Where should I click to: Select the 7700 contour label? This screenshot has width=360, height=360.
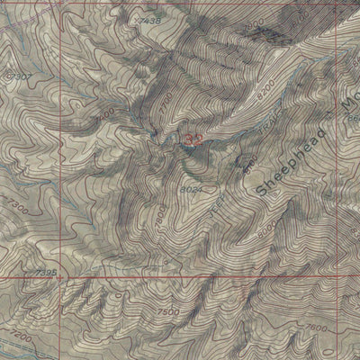click(162, 108)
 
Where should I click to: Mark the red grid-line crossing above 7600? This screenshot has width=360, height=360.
click(330, 278)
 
